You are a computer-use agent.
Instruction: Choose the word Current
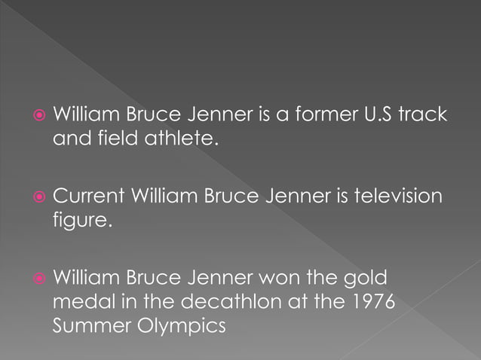coord(88,197)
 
